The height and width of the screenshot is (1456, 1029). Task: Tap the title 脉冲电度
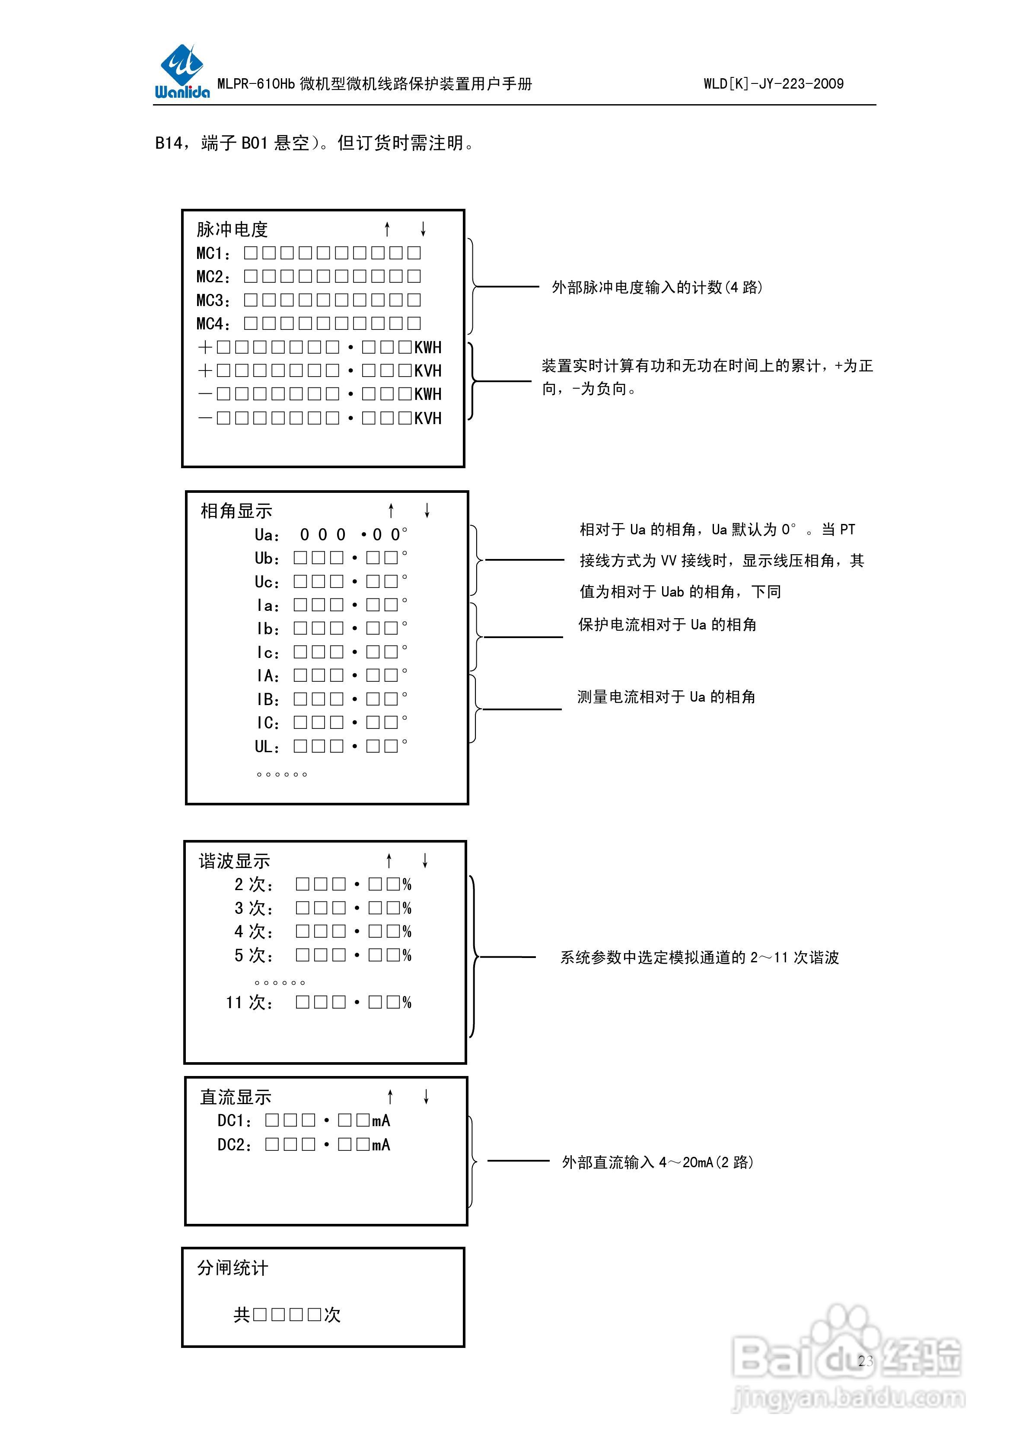[232, 229]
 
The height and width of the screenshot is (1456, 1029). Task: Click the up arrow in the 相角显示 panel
[391, 511]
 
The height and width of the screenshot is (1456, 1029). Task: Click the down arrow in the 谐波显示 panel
[425, 861]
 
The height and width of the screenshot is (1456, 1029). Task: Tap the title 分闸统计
[233, 1268]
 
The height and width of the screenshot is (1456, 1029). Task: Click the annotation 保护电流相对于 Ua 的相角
[667, 625]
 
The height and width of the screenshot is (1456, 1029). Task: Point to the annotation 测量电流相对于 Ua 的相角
[666, 697]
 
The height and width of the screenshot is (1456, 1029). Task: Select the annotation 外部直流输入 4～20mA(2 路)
[657, 1162]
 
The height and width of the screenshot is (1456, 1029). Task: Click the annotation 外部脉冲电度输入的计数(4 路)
[657, 287]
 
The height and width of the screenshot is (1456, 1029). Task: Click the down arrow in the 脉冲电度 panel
[423, 229]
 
